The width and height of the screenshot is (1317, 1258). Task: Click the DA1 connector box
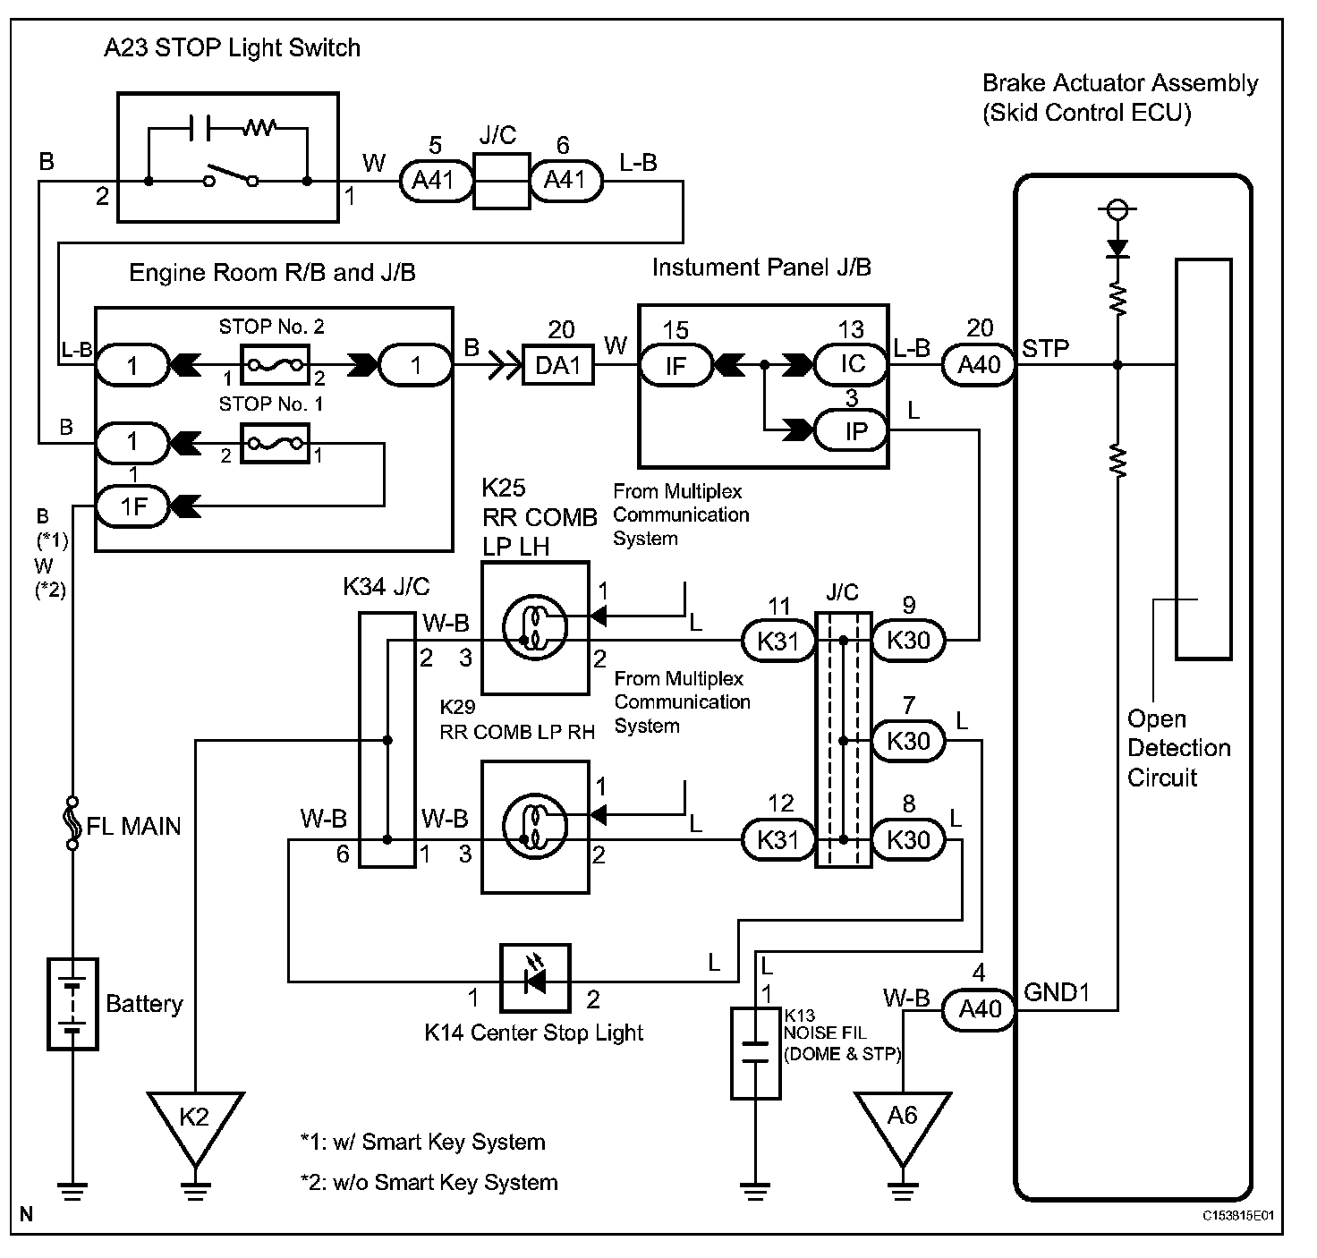point(558,366)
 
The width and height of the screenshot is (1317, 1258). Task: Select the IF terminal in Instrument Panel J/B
point(675,366)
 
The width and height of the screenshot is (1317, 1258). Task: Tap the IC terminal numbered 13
point(853,365)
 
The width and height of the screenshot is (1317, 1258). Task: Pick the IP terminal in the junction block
point(854,431)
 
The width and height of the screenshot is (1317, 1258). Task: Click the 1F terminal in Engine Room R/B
point(133,507)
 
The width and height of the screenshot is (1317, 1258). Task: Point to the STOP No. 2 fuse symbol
point(276,366)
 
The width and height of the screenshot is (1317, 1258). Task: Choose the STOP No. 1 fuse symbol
point(276,443)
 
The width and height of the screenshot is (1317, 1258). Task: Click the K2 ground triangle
point(195,1119)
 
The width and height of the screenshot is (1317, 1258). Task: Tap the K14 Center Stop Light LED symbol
point(535,981)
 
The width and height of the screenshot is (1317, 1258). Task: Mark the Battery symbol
point(72,1004)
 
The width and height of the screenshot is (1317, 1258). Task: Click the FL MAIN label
point(134,826)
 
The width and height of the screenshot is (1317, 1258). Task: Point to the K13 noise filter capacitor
point(756,1052)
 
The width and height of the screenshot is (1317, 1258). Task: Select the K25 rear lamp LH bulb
point(535,627)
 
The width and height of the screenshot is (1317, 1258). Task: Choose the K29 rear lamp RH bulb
point(535,826)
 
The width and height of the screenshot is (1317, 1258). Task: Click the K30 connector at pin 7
point(908,742)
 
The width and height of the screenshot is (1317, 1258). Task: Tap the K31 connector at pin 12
point(778,840)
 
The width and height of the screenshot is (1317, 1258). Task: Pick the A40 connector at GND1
point(979,1010)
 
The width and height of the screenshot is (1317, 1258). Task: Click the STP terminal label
point(1046,349)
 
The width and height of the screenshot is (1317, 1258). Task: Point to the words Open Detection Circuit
point(1178,748)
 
